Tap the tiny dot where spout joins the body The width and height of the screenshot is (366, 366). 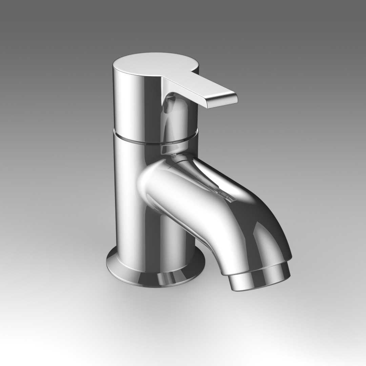174,156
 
